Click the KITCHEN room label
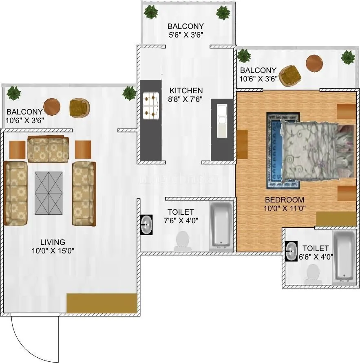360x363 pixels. coord(186,90)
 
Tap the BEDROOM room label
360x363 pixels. coord(284,200)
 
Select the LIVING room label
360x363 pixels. coord(52,242)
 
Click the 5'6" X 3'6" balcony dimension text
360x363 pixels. coord(186,35)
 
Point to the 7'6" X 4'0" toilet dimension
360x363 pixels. coord(181,220)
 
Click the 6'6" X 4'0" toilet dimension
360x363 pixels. coord(315,257)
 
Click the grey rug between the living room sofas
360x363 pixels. coord(49,193)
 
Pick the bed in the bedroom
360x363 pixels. coord(314,150)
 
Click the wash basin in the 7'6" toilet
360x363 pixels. coord(146,224)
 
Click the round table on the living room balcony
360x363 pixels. coord(52,107)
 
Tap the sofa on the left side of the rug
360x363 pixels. coord(16,193)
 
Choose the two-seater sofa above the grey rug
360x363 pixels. coord(48,150)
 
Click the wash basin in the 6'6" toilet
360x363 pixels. coord(292,251)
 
